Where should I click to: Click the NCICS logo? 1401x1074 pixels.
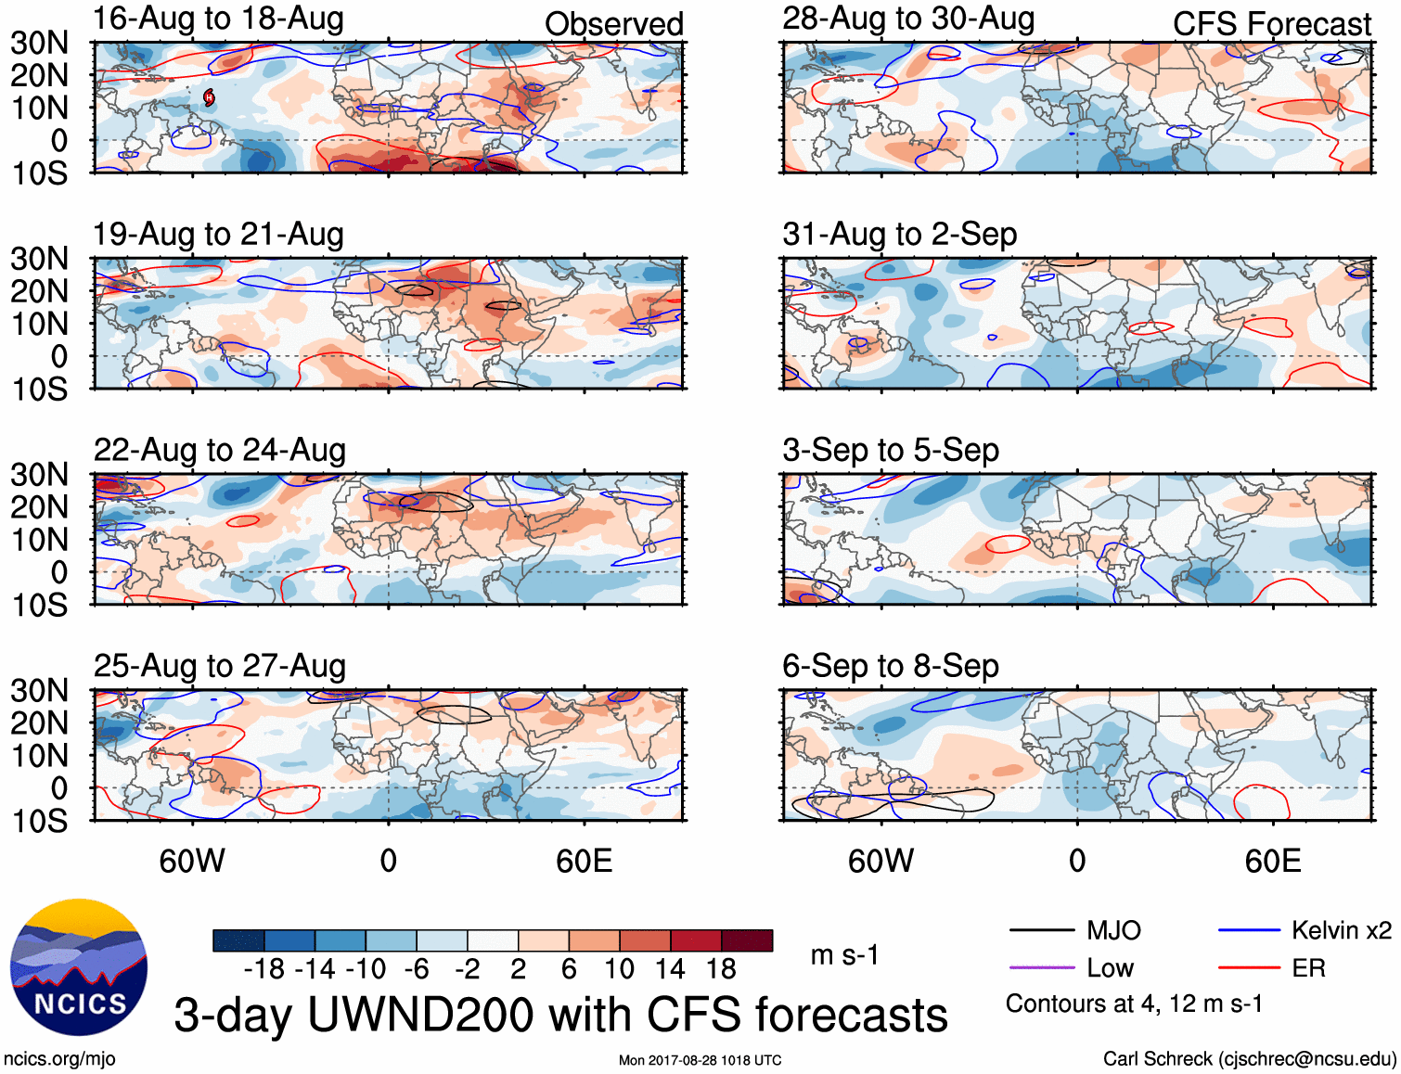click(x=79, y=966)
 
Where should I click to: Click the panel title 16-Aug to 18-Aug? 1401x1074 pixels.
click(x=218, y=19)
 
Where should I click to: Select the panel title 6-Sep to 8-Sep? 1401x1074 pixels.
click(x=890, y=666)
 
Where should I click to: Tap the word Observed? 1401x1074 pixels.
click(x=613, y=24)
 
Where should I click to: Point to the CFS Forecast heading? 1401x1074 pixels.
click(x=1271, y=24)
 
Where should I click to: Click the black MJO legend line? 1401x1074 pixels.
click(x=1041, y=930)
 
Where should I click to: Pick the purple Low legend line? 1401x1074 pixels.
click(x=1041, y=968)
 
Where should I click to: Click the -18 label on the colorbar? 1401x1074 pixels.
click(x=263, y=969)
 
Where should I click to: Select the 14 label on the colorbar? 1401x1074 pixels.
click(x=670, y=969)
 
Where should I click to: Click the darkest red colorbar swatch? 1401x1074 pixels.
click(x=747, y=940)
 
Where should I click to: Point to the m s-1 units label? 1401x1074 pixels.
click(x=844, y=955)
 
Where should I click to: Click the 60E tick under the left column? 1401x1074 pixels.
click(x=584, y=861)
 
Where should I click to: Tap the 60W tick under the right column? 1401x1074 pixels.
click(x=880, y=861)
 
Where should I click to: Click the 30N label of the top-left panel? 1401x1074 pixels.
click(x=39, y=43)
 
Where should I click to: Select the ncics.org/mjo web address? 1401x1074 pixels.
click(x=59, y=1059)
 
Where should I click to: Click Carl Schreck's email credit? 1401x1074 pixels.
click(x=1249, y=1059)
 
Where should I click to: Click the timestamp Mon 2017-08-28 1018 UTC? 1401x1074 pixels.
click(x=700, y=1060)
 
